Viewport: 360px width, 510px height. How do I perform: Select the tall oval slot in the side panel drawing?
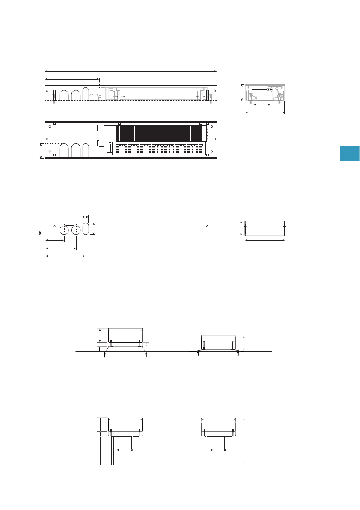tap(86, 228)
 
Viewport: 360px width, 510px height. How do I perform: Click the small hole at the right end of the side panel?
tap(207, 226)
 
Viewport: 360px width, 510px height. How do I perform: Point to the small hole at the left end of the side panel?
tap(54, 226)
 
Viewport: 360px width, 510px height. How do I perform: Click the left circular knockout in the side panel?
tap(64, 230)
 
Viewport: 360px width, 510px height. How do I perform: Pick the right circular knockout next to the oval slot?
tap(76, 230)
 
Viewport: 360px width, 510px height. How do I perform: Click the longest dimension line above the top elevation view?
tap(131, 71)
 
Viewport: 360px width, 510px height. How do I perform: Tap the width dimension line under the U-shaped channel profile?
tap(265, 240)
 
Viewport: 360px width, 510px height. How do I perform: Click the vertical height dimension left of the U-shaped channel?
tap(241, 228)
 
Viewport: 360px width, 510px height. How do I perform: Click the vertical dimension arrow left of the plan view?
tap(41, 151)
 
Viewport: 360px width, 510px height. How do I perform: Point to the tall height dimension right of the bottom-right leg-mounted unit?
tap(243, 441)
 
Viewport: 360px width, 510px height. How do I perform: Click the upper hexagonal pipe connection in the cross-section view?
tap(269, 90)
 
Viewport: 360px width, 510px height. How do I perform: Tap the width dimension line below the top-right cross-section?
tap(265, 113)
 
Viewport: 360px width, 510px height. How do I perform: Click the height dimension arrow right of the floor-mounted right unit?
tap(244, 343)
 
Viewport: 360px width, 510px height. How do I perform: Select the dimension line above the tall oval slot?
tap(86, 217)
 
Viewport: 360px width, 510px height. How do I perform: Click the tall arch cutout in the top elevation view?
tap(86, 94)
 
